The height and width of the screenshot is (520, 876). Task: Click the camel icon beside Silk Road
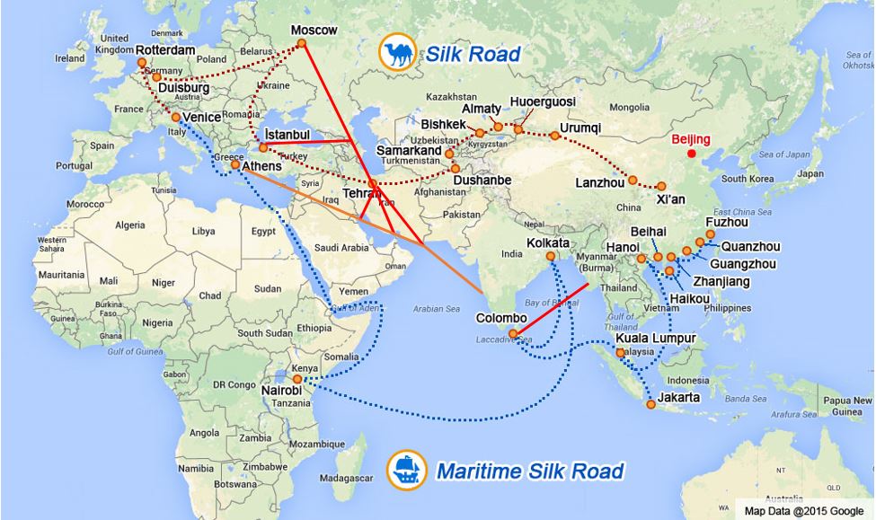395,52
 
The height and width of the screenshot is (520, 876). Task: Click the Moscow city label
314,31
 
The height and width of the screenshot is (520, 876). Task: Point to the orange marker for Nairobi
298,379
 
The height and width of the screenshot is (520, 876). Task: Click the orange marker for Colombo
513,335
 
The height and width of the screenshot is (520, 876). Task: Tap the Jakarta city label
677,397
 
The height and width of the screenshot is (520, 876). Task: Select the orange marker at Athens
235,165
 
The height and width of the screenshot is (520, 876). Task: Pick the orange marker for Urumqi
555,136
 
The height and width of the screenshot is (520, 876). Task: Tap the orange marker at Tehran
373,183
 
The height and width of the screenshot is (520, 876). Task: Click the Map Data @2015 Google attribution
803,510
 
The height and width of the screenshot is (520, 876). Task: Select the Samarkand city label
409,152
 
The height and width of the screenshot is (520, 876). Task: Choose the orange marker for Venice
176,117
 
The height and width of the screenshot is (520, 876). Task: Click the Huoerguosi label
542,102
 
